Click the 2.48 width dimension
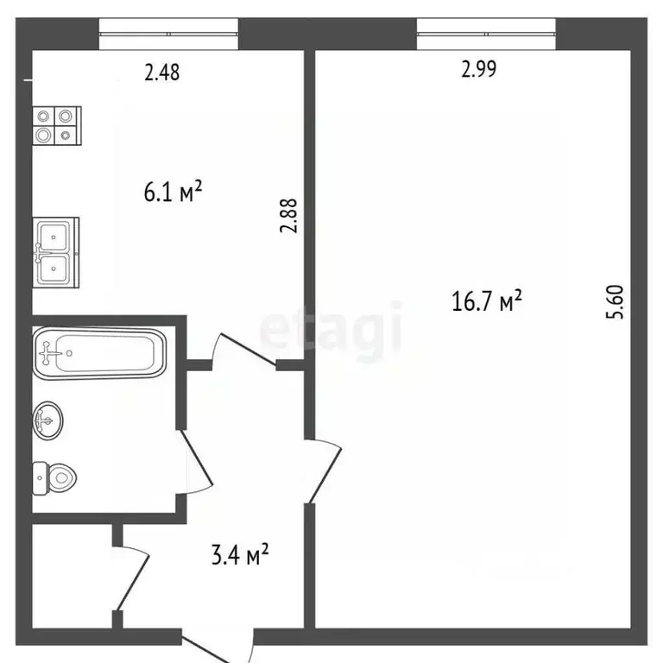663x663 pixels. (x=162, y=73)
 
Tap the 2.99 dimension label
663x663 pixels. (x=478, y=69)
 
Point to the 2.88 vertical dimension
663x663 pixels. (x=289, y=216)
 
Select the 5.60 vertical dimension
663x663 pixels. (x=615, y=302)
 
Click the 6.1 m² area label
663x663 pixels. (x=173, y=192)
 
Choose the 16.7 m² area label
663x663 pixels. (x=487, y=300)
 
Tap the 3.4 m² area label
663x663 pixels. (x=240, y=554)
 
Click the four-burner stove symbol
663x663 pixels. (x=57, y=125)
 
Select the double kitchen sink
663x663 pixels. (x=56, y=252)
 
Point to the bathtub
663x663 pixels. (x=100, y=353)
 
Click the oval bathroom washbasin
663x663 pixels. (x=47, y=420)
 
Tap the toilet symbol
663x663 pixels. (x=54, y=478)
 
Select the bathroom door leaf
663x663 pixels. (x=197, y=457)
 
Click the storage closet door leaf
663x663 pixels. (x=133, y=583)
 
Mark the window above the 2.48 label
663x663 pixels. (x=168, y=34)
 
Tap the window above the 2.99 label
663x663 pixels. (x=486, y=34)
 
